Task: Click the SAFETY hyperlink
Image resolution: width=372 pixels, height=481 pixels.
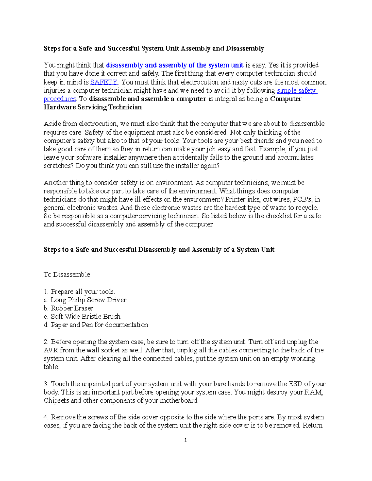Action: point(104,82)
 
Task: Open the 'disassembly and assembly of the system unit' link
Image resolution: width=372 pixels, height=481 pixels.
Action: point(175,65)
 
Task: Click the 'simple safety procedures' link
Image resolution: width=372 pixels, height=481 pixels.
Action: point(297,90)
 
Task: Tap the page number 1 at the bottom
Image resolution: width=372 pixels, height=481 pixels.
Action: point(185,440)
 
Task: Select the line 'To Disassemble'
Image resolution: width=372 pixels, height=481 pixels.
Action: point(67,275)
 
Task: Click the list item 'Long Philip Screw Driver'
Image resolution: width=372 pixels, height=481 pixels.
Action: point(88,300)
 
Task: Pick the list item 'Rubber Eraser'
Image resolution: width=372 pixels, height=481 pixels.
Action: point(72,308)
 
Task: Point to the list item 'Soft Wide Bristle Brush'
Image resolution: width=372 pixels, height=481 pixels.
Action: point(86,317)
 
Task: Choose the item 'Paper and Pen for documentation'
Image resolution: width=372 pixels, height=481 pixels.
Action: point(99,325)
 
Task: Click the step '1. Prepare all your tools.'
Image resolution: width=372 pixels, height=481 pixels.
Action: point(79,291)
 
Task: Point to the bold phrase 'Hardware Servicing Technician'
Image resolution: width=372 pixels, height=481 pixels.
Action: point(93,107)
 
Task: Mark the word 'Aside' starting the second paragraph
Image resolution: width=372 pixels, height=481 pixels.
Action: point(52,124)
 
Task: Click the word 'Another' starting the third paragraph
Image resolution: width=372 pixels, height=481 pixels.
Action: point(55,183)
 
